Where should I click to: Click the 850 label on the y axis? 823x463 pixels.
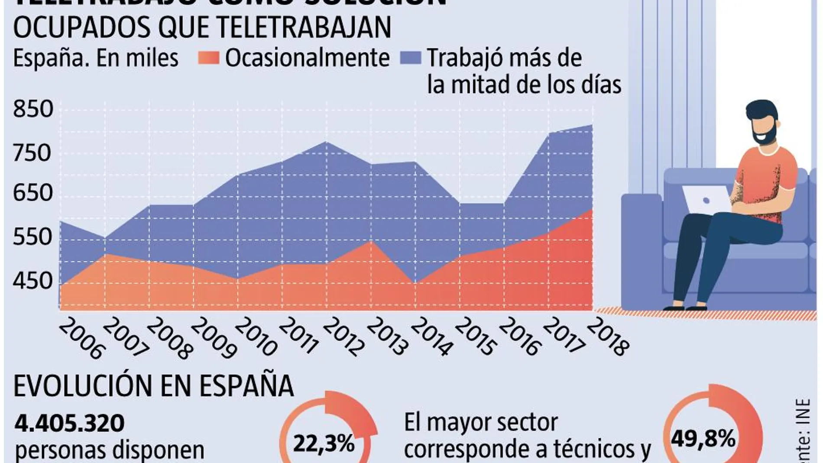tap(33, 109)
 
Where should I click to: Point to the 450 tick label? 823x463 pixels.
tap(33, 281)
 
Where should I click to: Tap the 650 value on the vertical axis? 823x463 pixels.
tap(33, 193)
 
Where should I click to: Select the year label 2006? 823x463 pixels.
tap(81, 339)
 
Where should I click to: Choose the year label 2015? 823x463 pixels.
tap(475, 337)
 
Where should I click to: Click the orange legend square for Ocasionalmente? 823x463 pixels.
tap(208, 58)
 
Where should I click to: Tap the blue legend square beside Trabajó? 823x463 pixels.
tap(410, 58)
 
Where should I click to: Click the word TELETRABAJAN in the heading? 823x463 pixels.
tap(303, 28)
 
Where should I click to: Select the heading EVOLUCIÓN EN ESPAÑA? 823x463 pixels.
tap(153, 385)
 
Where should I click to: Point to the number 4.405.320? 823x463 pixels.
tap(70, 423)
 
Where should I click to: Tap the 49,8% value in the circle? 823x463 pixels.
tap(703, 439)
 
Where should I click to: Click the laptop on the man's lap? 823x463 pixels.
tap(706, 199)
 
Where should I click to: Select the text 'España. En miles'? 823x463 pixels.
tap(96, 58)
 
